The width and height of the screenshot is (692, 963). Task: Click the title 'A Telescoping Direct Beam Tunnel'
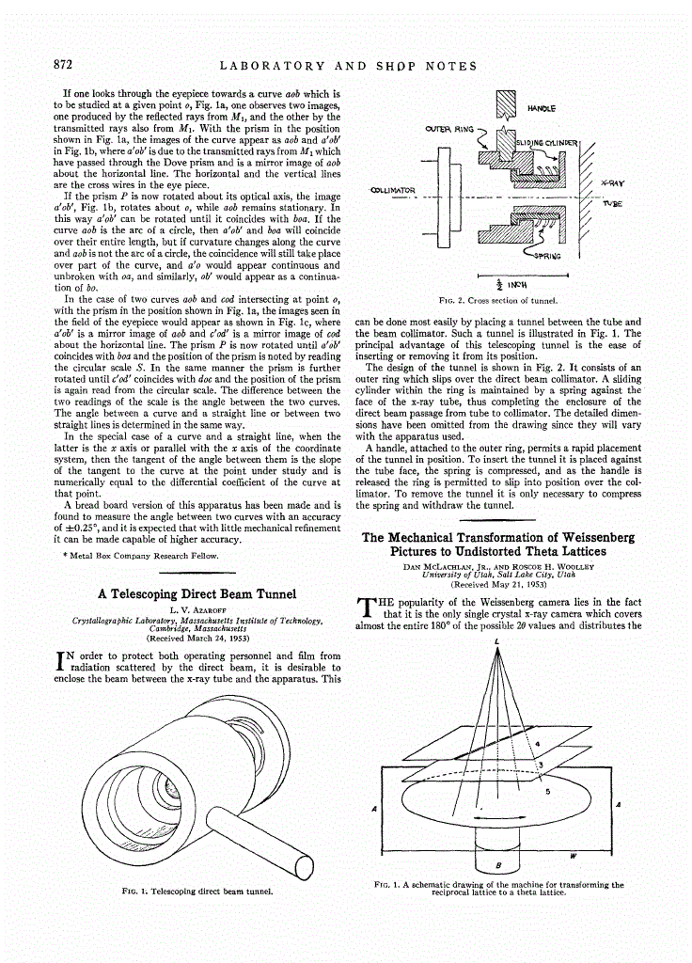click(197, 593)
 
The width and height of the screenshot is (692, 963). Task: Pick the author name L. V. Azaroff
click(197, 610)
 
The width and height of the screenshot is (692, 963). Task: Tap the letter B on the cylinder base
click(498, 863)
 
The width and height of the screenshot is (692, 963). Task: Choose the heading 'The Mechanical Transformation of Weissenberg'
click(498, 537)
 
